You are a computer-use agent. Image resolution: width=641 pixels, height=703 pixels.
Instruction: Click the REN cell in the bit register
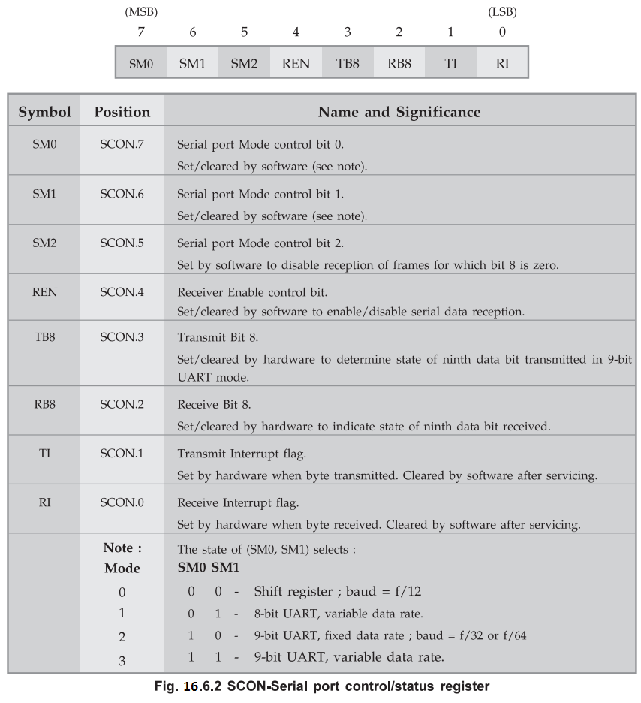(296, 63)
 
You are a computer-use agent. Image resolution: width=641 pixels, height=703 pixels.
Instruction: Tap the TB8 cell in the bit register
(348, 63)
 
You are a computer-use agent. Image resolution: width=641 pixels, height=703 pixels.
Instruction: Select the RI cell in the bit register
(502, 63)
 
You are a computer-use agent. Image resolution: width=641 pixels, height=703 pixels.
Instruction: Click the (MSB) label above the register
(140, 12)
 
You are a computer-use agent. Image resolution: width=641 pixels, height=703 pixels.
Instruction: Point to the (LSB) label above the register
(502, 12)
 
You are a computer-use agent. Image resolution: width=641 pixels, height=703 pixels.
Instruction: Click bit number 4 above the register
(296, 32)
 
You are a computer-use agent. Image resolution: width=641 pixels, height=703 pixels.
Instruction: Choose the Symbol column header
(44, 112)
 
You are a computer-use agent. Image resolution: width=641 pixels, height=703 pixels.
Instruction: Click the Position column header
(122, 112)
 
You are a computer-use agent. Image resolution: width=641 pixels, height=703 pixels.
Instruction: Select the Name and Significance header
(399, 112)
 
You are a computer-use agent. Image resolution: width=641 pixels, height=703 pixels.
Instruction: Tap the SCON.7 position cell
(122, 143)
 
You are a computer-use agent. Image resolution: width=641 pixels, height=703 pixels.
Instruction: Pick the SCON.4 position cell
(122, 292)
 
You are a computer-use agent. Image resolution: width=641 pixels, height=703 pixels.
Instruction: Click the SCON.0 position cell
(122, 502)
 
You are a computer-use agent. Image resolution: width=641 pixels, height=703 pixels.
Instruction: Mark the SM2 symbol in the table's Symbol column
(44, 243)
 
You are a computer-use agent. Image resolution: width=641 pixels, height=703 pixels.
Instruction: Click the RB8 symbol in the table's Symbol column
(44, 405)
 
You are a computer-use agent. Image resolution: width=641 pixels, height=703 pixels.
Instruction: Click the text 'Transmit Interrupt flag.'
(242, 454)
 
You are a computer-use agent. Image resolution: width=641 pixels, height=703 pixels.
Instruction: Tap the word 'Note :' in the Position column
(122, 548)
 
